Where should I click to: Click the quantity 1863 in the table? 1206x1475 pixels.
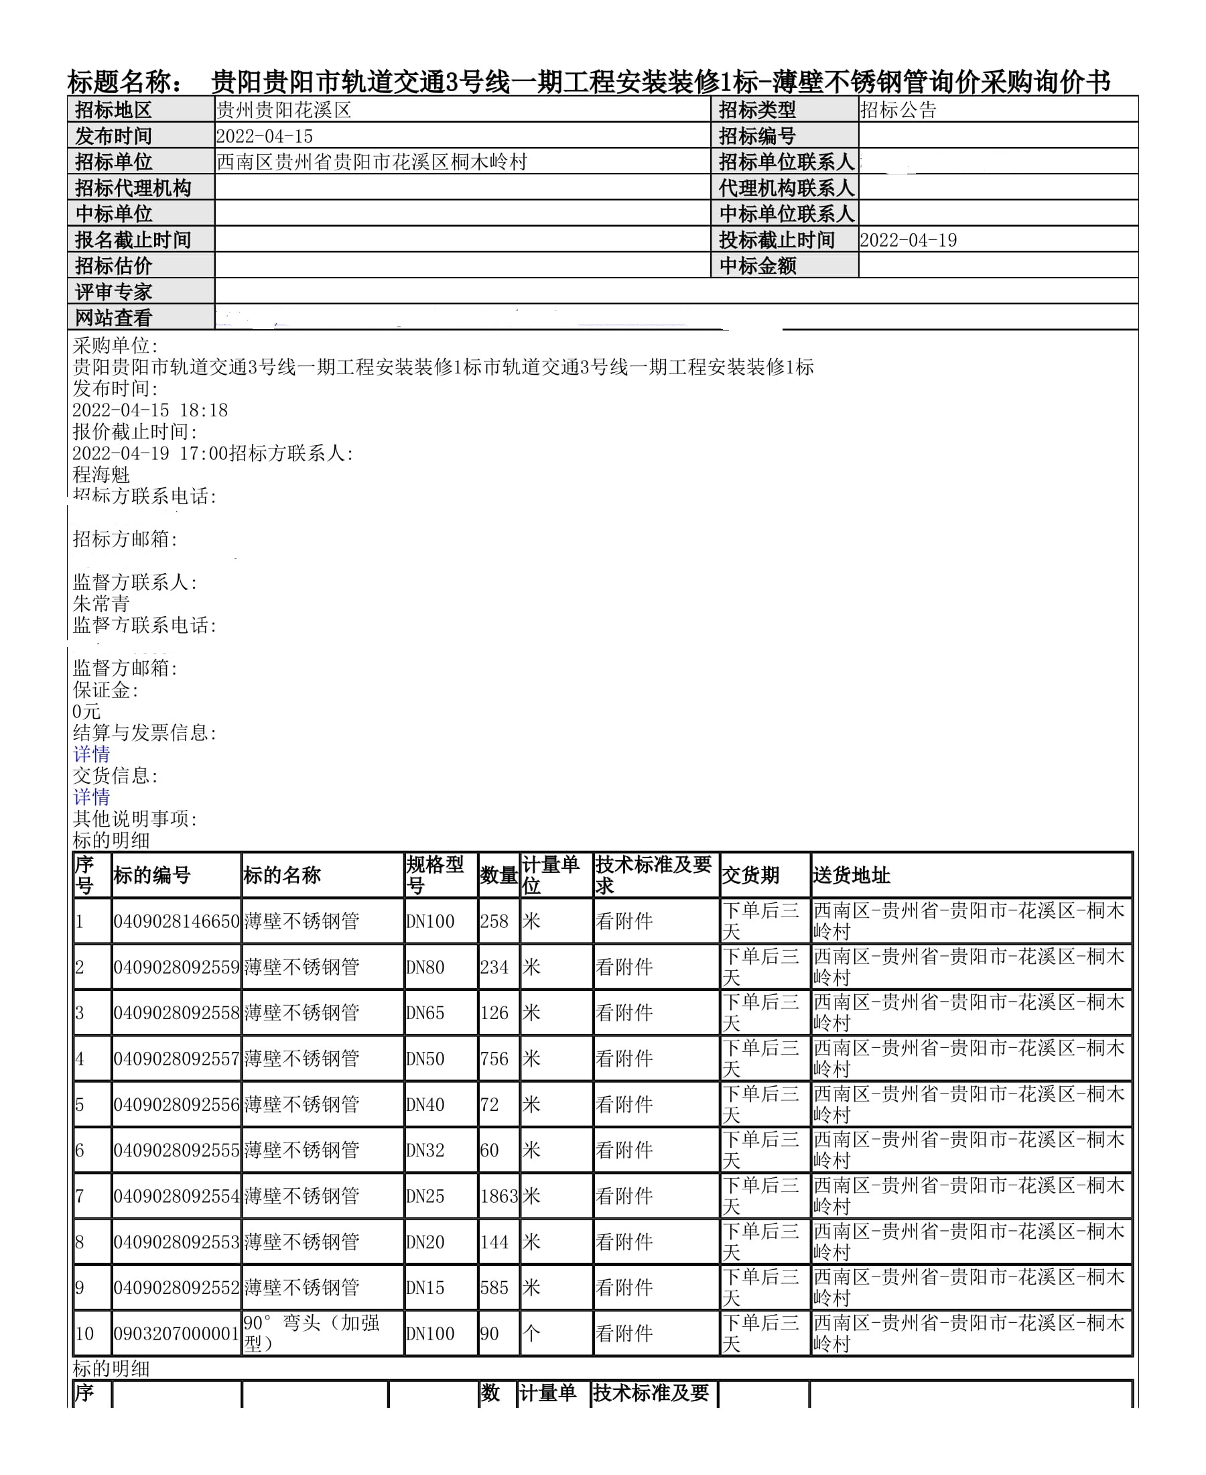tap(498, 1196)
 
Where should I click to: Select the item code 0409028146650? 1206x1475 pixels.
tap(176, 922)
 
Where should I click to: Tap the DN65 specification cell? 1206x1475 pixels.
tap(425, 1013)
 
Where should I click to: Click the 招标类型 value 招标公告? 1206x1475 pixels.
tap(898, 110)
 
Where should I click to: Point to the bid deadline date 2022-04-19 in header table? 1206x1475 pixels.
tap(908, 240)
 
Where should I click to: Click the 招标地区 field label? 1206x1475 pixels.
tap(113, 110)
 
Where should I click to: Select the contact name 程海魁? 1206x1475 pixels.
tap(101, 475)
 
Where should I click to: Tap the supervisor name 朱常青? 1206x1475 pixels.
tap(101, 603)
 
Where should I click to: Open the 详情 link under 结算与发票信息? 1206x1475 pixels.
tap(92, 754)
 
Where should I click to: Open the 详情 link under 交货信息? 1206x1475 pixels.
tap(92, 797)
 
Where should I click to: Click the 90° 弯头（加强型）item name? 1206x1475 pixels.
tap(312, 1332)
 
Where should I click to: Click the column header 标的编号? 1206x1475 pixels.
tap(152, 875)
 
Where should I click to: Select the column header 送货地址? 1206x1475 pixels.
tap(851, 875)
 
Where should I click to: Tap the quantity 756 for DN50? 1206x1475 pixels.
tap(494, 1059)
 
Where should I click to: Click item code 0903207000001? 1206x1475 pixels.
tap(176, 1334)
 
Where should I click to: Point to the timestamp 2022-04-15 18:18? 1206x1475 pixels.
tap(150, 410)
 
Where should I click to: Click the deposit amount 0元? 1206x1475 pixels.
tap(87, 711)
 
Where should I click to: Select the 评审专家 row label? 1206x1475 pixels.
tap(113, 292)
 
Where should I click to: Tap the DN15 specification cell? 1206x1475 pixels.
tap(425, 1287)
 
